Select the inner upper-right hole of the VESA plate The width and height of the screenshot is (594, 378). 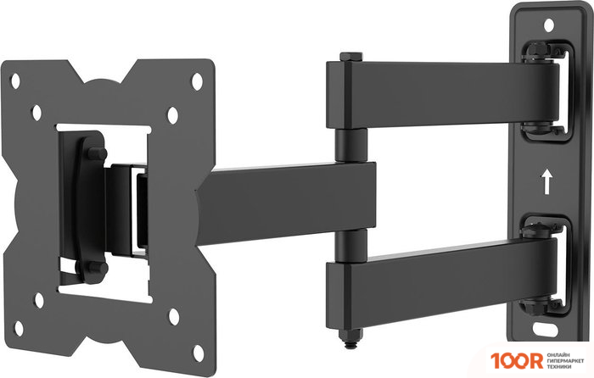pyautogui.click(x=172, y=113)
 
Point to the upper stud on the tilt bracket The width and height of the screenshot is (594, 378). pyautogui.click(x=96, y=153)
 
